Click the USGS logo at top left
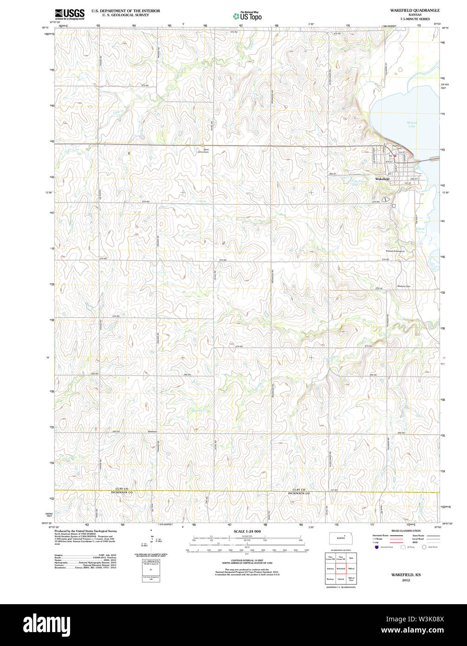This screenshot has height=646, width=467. coord(70,14)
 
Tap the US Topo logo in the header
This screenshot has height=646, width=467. coord(247,16)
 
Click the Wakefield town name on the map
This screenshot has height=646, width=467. coord(382,179)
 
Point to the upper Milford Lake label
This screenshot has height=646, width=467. coord(412,124)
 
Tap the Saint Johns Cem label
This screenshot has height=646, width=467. coord(203,151)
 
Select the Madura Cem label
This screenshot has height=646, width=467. coord(403,286)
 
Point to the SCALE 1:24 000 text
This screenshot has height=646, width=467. coord(247,531)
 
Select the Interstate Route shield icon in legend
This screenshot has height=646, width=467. coord(376,547)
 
